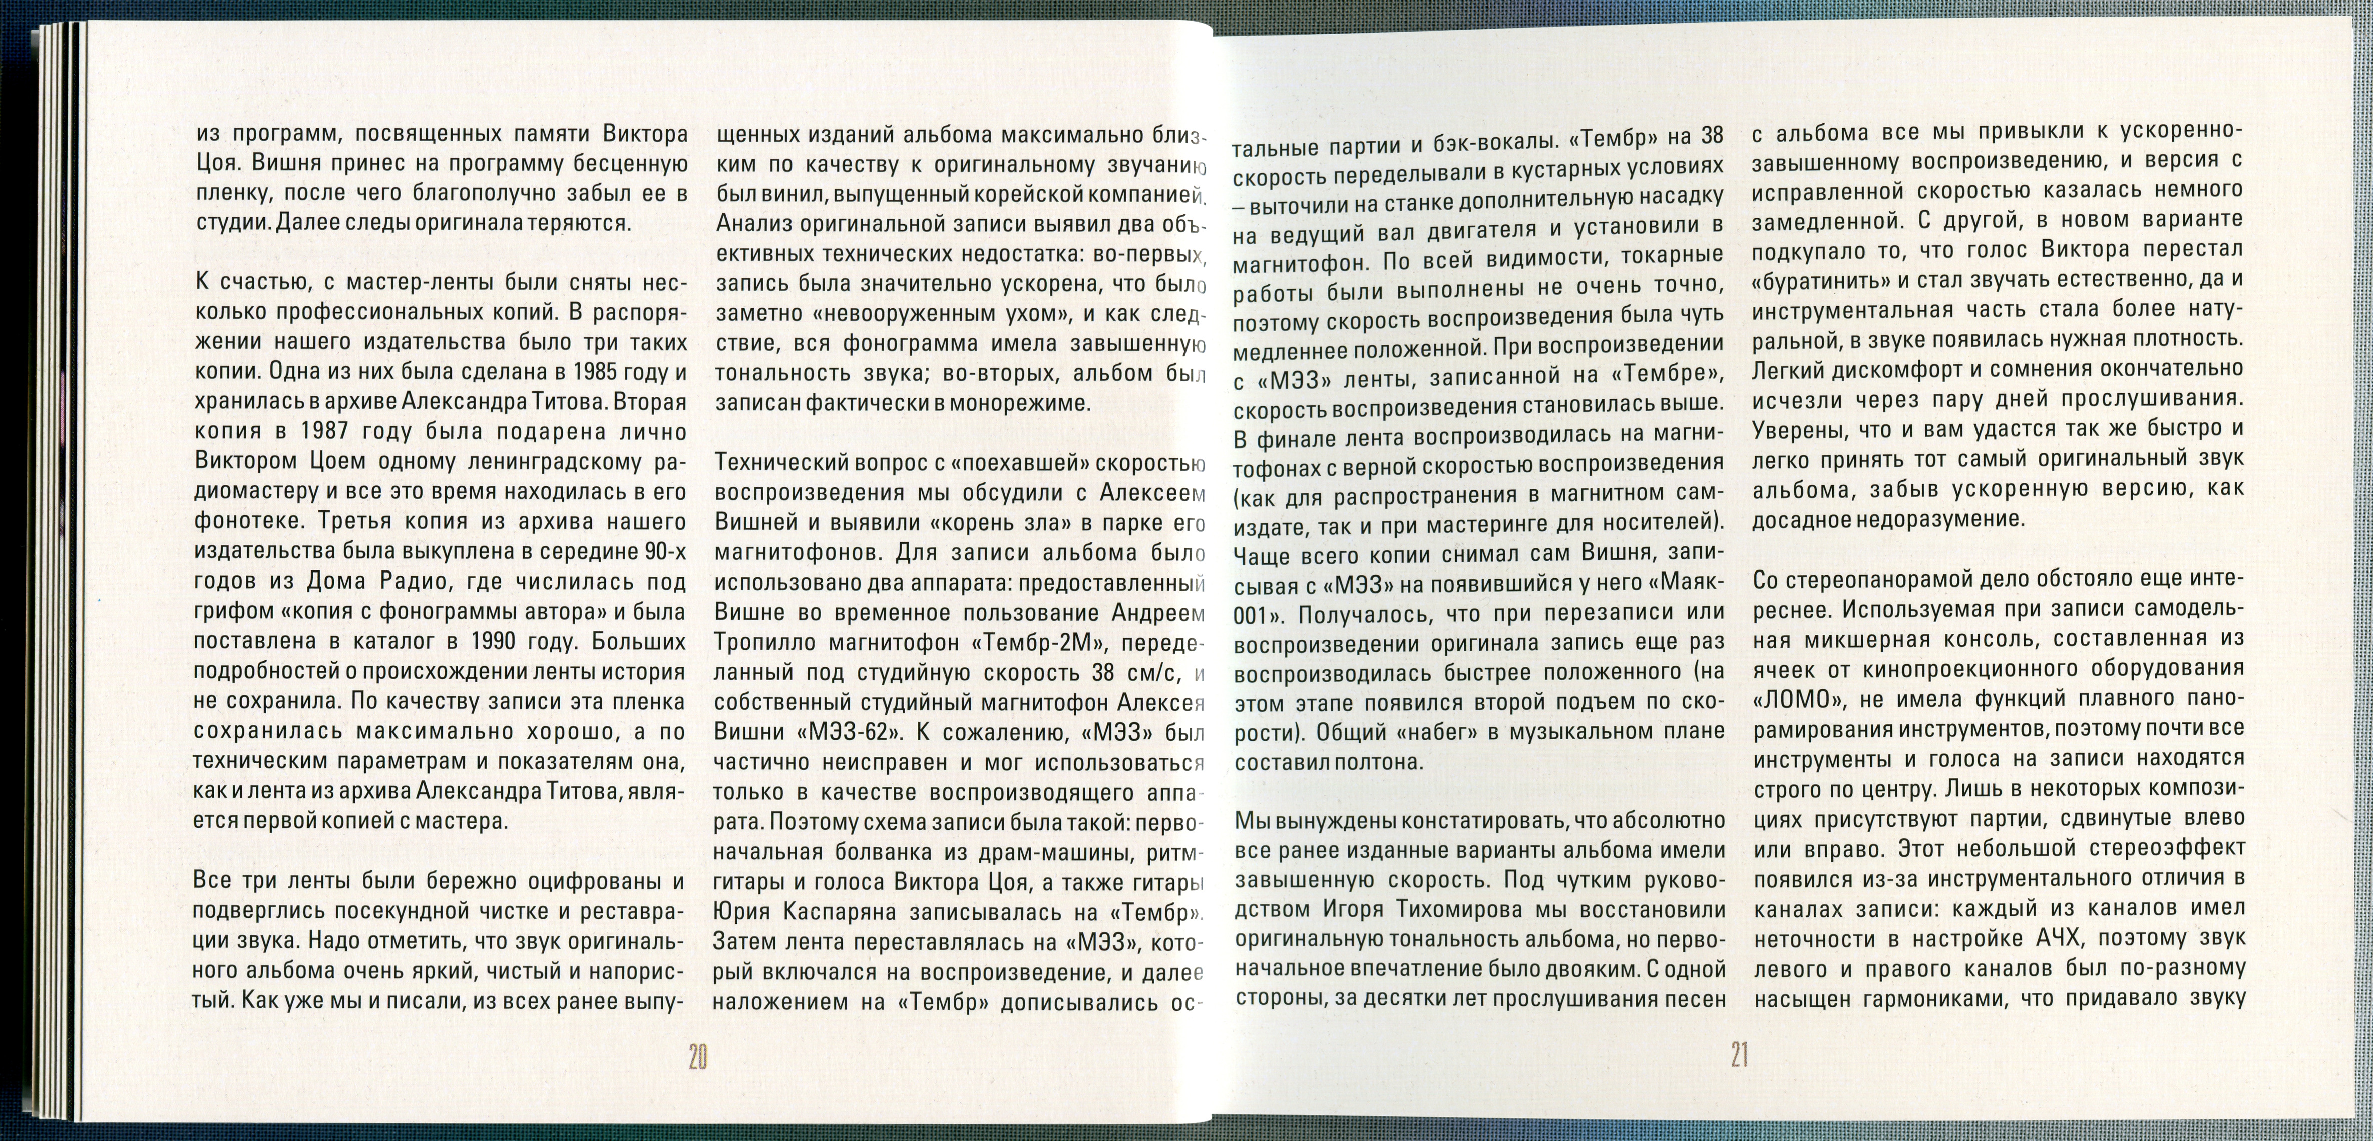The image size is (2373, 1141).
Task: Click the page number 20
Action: tap(697, 1057)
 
